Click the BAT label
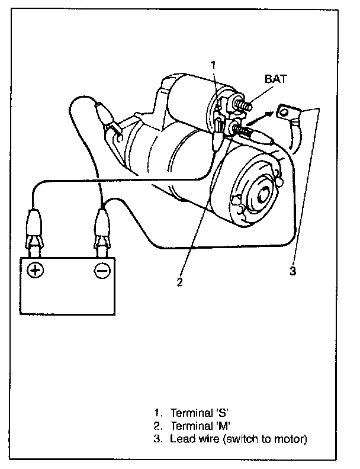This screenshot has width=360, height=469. point(276,79)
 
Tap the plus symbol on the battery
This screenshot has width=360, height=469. point(36,270)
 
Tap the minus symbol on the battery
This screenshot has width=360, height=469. point(102,271)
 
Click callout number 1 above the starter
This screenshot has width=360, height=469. point(213,65)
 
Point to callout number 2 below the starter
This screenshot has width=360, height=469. point(179,281)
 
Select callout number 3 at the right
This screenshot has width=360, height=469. point(293,271)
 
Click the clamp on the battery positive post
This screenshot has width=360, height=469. point(34,231)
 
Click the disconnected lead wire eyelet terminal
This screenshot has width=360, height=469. point(285,113)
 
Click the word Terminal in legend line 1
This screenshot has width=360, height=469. point(190,413)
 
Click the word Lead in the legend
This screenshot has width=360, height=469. point(181,439)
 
